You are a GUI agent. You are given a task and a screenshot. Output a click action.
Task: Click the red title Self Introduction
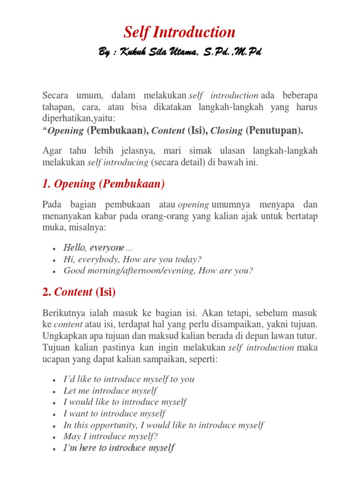pos(180,32)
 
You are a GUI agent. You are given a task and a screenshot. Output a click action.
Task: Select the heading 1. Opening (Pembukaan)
pos(104,184)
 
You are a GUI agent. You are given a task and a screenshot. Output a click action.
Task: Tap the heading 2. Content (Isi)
pos(79,292)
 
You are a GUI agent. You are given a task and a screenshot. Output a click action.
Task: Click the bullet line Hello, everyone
pos(97,247)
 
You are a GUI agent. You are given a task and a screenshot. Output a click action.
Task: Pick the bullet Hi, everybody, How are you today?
pos(132,259)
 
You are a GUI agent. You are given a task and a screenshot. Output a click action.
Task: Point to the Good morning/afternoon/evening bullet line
pos(158,270)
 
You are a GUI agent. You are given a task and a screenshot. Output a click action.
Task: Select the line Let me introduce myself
pos(110,390)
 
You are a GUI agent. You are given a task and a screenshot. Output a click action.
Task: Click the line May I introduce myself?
pos(111,436)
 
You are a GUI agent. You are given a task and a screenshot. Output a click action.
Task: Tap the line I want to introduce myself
pos(114,413)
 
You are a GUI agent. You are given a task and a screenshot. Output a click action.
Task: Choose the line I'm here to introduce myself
pos(119,448)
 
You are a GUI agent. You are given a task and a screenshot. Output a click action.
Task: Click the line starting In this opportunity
pos(163,425)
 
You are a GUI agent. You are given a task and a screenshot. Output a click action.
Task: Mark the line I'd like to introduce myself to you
pos(129,379)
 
